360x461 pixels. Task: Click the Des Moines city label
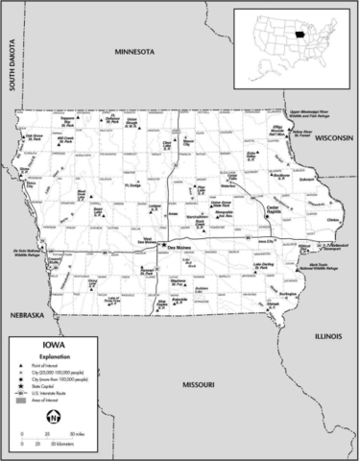click(x=180, y=248)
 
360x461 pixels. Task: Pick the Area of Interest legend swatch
click(x=20, y=400)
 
